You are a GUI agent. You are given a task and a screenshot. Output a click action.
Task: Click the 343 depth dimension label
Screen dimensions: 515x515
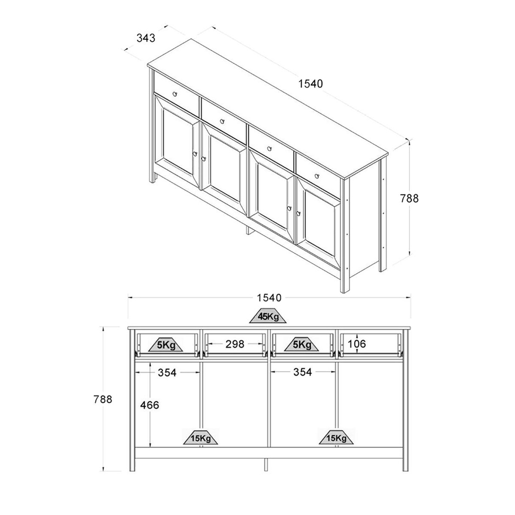[x=146, y=38]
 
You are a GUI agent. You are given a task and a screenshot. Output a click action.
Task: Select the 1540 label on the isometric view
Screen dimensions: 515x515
[x=310, y=84]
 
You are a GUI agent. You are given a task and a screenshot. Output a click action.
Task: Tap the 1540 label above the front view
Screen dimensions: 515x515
[x=269, y=298]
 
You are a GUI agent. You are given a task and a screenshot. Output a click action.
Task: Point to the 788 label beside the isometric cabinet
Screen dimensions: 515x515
[x=409, y=198]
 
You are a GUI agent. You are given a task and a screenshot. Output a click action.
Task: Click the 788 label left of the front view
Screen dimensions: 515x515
[x=103, y=399]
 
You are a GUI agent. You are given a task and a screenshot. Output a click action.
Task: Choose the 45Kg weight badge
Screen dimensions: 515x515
[x=269, y=316]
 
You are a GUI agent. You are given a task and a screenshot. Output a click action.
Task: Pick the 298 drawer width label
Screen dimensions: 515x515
[x=235, y=344]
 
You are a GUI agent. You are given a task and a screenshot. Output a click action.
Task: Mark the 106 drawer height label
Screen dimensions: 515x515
[x=357, y=344]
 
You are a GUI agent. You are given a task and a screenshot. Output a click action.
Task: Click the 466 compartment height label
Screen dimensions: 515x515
[x=149, y=405]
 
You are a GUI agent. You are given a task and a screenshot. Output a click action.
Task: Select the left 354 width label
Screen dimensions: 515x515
[x=167, y=373]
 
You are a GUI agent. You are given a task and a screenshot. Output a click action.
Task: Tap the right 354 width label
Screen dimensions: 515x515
[x=302, y=372]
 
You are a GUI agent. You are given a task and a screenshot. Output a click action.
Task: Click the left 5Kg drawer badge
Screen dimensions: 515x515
[x=166, y=345]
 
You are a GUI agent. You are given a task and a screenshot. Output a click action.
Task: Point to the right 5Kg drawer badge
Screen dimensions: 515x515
[x=302, y=345]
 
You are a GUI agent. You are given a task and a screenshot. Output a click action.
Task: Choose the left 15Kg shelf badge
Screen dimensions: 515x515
[x=201, y=438]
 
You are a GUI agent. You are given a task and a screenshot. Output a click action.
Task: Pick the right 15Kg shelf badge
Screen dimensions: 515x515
[x=336, y=438]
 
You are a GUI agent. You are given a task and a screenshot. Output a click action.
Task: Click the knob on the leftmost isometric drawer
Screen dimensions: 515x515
[x=175, y=94]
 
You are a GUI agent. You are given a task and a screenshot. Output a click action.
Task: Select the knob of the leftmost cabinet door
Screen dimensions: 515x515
[x=195, y=154]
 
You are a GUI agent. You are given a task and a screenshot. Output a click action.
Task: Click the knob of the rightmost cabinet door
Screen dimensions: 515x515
[x=298, y=213]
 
